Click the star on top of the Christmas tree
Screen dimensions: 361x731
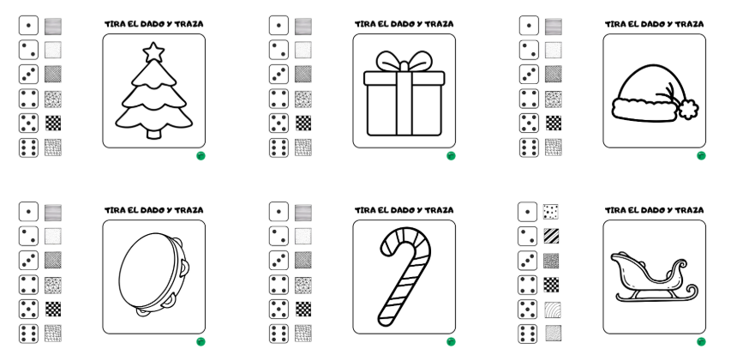coord(154,52)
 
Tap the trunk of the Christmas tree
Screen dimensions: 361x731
coord(154,133)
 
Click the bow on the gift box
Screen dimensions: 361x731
coord(402,62)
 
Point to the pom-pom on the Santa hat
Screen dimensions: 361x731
coord(687,109)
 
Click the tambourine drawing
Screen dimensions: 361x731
coord(153,276)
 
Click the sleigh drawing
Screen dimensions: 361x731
coord(653,277)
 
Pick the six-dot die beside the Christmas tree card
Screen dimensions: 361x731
coord(28,147)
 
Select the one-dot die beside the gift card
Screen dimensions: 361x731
coord(279,26)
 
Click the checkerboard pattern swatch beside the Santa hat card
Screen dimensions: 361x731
coord(554,123)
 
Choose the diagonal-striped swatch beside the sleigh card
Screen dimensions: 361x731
coord(553,235)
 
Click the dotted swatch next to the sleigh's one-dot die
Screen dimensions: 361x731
coord(553,211)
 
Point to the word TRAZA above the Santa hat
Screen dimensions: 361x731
coord(688,24)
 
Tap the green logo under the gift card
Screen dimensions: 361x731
coord(451,156)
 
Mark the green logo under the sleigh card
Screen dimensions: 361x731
coord(701,341)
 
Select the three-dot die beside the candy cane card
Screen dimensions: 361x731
coord(279,260)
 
